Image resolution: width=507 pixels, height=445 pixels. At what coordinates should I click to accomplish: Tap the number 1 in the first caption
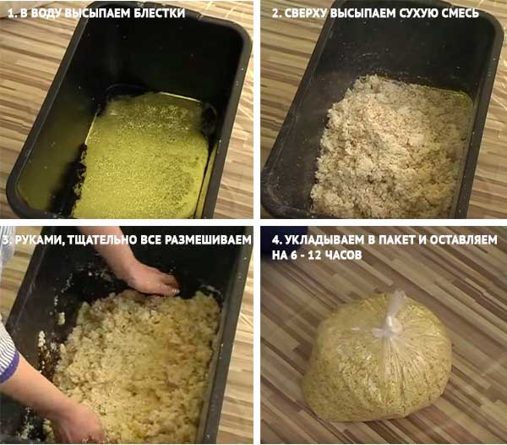tap(10, 13)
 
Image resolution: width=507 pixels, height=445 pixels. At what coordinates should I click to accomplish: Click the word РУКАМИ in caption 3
tap(38, 239)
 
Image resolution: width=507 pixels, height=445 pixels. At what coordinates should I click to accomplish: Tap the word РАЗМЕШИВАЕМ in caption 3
tap(208, 239)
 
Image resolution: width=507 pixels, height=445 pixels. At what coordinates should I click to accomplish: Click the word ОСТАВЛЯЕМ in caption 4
tap(466, 239)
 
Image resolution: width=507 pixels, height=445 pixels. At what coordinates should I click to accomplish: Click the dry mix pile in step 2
tap(391, 146)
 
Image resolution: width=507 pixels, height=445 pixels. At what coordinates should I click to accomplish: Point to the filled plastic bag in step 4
tap(377, 356)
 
